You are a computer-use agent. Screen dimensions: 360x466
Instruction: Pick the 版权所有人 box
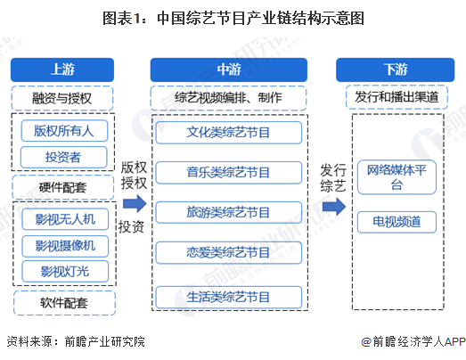(63, 130)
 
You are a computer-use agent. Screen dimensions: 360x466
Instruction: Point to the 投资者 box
(63, 157)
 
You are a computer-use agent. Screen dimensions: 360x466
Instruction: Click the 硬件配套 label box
(63, 187)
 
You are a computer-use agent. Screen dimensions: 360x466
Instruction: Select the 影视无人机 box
(63, 218)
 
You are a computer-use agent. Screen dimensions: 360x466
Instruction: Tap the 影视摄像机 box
(63, 245)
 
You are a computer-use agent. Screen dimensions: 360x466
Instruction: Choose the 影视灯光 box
(63, 271)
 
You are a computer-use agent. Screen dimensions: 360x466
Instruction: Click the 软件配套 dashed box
(63, 302)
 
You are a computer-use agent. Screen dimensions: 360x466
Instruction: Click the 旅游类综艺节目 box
(228, 212)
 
